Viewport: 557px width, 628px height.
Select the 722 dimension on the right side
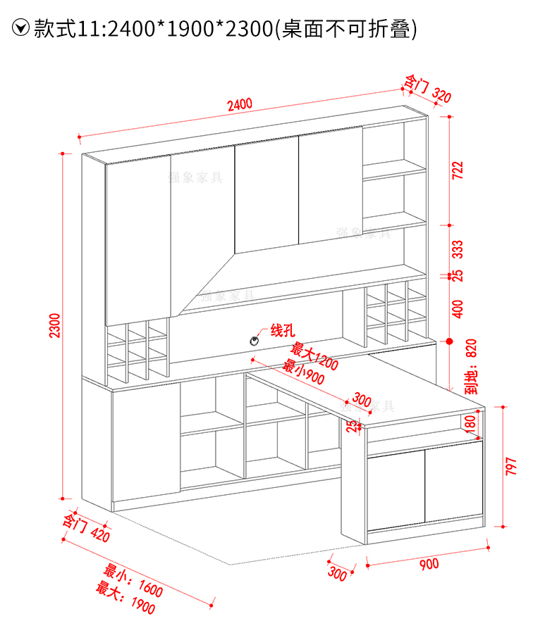pos(458,172)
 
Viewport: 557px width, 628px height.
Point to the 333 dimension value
pos(458,249)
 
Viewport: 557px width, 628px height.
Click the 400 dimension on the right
pos(458,308)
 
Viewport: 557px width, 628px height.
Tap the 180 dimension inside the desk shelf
pos(470,425)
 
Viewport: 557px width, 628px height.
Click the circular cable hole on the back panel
pos(252,340)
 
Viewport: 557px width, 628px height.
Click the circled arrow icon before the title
pos(22,28)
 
